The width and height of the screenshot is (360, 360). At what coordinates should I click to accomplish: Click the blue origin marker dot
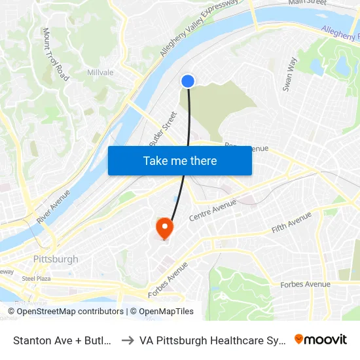pyautogui.click(x=188, y=81)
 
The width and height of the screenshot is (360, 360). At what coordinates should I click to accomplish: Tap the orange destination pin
pyautogui.click(x=164, y=228)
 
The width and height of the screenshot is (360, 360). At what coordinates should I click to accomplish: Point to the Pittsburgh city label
pyautogui.click(x=56, y=259)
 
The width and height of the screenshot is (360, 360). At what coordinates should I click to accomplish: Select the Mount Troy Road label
pyautogui.click(x=54, y=54)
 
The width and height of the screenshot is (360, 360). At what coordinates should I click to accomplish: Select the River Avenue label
pyautogui.click(x=54, y=207)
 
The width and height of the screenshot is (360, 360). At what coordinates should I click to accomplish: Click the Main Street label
pyautogui.click(x=307, y=3)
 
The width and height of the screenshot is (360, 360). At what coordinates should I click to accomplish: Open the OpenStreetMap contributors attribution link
pyautogui.click(x=69, y=312)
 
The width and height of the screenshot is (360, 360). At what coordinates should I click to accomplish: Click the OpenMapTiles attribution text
pyautogui.click(x=162, y=312)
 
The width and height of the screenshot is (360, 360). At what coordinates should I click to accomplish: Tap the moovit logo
pyautogui.click(x=320, y=340)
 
